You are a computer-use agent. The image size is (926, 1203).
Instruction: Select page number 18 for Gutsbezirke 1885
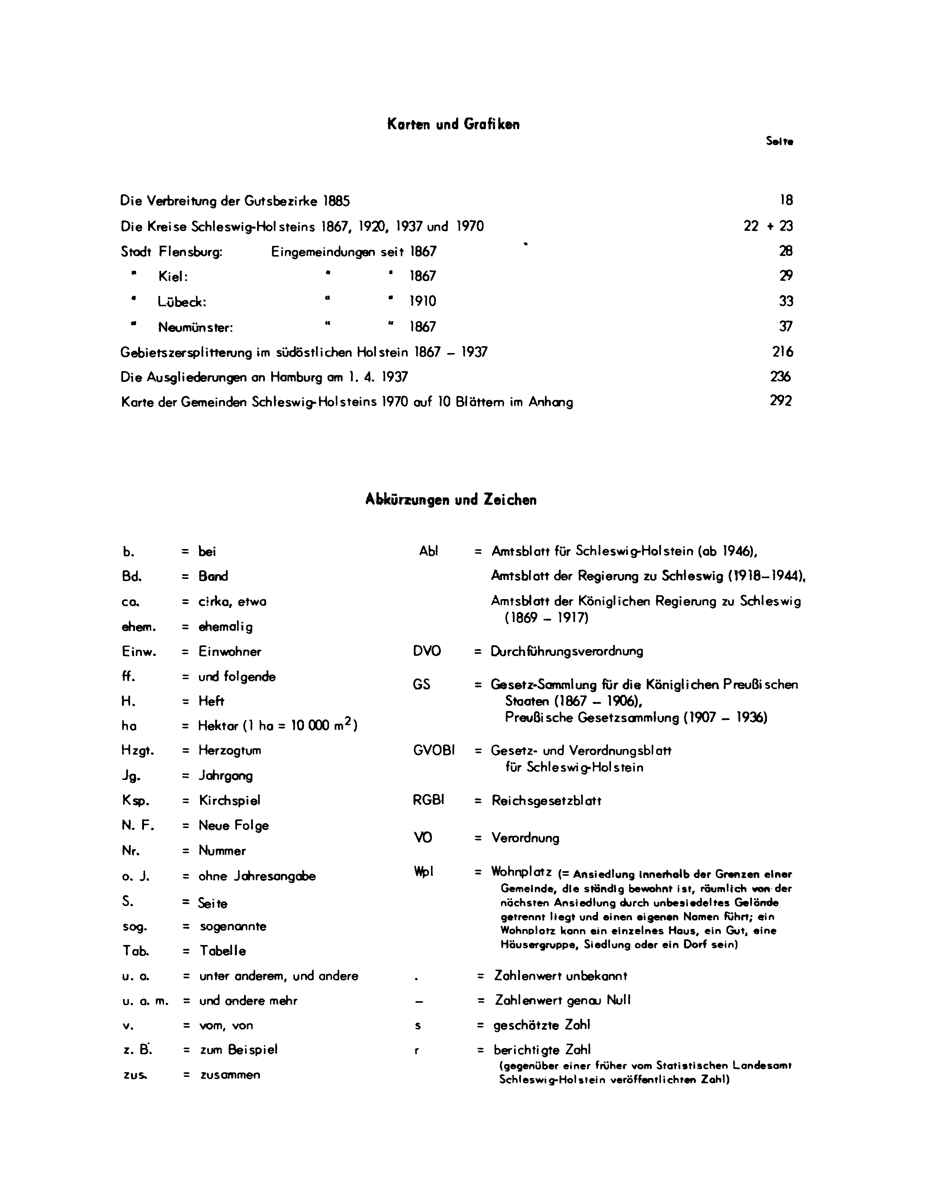[x=786, y=200]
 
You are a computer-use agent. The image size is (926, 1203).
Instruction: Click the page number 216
[x=782, y=351]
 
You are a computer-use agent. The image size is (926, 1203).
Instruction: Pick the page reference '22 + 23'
[x=768, y=226]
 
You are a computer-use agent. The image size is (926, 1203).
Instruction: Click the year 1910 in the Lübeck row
[x=423, y=301]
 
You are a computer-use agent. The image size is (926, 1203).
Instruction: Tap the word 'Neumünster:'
[x=196, y=327]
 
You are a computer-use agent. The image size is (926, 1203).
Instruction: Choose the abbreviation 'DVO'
[x=427, y=651]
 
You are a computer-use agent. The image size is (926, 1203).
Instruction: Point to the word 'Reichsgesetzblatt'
[x=546, y=801]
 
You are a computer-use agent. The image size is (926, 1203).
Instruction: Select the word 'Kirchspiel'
[x=229, y=800]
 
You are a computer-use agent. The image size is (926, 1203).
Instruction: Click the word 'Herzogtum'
[x=230, y=751]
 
